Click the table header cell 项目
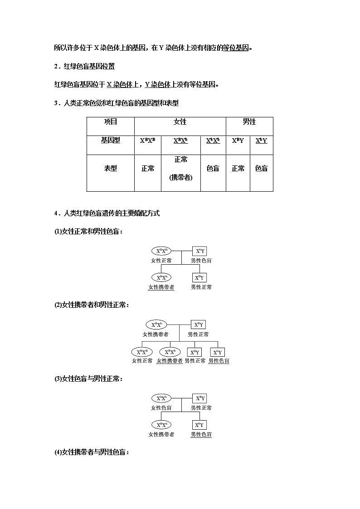pyautogui.click(x=111, y=122)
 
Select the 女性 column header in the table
pyautogui.click(x=180, y=122)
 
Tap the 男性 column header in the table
pyautogui.click(x=249, y=122)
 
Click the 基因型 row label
pyautogui.click(x=111, y=141)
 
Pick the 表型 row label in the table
pyautogui.click(x=111, y=168)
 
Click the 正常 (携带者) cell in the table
pyautogui.click(x=181, y=168)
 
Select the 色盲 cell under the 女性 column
pyautogui.click(x=213, y=168)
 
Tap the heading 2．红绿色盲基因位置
pyautogui.click(x=84, y=67)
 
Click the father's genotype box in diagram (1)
pyautogui.click(x=199, y=251)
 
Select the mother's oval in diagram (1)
pyautogui.click(x=162, y=251)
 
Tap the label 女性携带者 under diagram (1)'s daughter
pyautogui.click(x=161, y=287)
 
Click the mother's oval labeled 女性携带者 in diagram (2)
pyautogui.click(x=156, y=325)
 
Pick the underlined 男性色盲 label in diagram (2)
pyautogui.click(x=219, y=361)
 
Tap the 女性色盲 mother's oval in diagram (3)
pyautogui.click(x=162, y=398)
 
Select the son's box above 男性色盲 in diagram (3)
pyautogui.click(x=199, y=425)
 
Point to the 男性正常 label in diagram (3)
pyautogui.click(x=201, y=407)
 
